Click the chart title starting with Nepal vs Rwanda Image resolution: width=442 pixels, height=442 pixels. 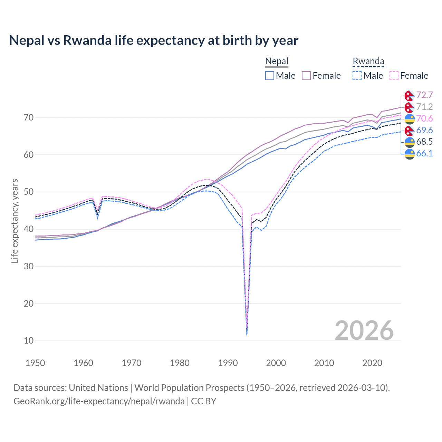pos(154,40)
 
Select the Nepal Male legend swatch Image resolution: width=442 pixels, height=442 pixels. pos(270,76)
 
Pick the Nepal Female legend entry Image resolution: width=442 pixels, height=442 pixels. pos(321,76)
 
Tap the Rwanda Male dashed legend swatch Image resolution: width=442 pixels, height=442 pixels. pos(357,76)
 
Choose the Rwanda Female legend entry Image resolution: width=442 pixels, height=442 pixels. pos(409,76)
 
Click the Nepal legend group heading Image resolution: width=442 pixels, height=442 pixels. pos(277,61)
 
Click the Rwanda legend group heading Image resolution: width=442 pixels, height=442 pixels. pos(368,61)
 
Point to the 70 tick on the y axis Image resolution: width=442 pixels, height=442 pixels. pos(29,118)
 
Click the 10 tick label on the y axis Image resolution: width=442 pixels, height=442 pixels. pos(29,341)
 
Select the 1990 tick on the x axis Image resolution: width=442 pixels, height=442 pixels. pos(228,363)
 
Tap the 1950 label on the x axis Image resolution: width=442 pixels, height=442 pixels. pos(35,363)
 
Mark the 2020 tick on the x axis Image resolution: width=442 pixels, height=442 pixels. pos(372,363)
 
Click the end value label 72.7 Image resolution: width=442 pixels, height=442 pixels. pos(424,95)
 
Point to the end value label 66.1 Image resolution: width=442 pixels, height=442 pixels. pos(424,154)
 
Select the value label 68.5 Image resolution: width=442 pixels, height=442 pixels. pos(424,142)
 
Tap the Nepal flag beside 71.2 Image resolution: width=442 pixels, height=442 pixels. pos(410,107)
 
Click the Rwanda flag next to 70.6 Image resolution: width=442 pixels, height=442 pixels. pos(410,119)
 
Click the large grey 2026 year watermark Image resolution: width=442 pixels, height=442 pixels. pos(364,330)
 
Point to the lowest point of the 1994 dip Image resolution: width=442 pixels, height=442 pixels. pos(247,334)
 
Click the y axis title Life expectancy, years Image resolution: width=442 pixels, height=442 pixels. pos(15,221)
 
